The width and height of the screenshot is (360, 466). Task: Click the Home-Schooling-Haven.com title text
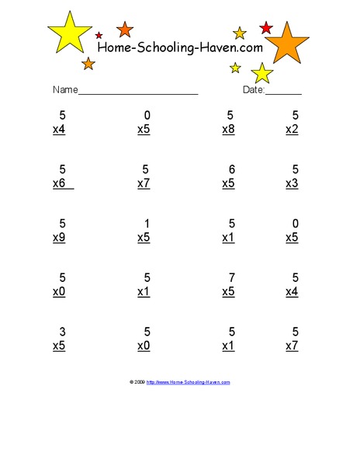point(179,48)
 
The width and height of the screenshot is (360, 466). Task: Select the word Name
point(65,90)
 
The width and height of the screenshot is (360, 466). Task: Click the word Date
point(254,90)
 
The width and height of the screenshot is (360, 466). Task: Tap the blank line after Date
point(284,93)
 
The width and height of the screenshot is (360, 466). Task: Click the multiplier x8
point(228,130)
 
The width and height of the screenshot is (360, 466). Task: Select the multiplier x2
point(292,130)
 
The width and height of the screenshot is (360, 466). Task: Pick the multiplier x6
point(60,183)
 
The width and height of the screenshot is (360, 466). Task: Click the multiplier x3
point(292,183)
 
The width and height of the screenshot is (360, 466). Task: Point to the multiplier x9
point(59,238)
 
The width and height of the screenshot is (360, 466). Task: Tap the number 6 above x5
point(231,169)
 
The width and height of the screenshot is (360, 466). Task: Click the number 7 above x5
point(231,277)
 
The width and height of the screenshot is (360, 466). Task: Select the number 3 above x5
point(62,332)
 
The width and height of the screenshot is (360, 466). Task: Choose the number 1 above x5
point(147,224)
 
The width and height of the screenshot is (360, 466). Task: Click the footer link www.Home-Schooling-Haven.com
point(189,382)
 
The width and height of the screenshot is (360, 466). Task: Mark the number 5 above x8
point(231,116)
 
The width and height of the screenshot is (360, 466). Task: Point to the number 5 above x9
point(62,224)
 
